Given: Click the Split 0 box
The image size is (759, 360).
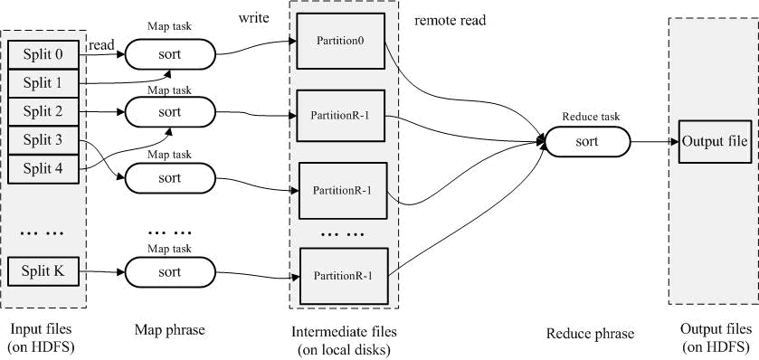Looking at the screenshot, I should point(43,54).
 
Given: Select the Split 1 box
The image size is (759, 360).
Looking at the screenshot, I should point(43,83).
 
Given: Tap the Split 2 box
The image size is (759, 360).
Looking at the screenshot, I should point(43,112).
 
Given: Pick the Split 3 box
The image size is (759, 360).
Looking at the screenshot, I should point(43,140).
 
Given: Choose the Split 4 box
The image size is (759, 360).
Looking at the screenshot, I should point(43,169).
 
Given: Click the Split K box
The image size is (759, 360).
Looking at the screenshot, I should point(43,270).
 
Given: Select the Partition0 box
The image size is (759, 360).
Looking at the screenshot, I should point(342,41).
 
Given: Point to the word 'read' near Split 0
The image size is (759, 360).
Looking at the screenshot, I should point(102,43).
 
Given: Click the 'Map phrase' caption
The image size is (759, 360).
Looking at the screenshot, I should point(169,331).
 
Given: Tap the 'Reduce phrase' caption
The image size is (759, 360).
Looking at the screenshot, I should point(590,334).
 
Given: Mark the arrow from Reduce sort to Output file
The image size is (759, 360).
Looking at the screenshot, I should point(653,142).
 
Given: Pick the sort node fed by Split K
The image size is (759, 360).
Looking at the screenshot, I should point(169,270).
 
